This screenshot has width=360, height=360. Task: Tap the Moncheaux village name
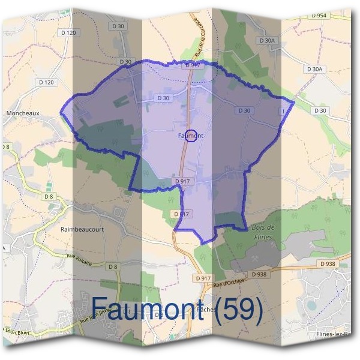(x=23, y=112)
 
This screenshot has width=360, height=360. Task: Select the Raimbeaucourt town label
(x=82, y=229)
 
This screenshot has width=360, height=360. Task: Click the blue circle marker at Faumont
(x=191, y=136)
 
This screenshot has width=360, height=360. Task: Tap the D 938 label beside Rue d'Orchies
(x=259, y=274)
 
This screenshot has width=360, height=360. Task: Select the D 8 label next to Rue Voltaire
(x=112, y=266)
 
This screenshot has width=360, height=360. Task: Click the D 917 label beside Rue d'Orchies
(x=203, y=278)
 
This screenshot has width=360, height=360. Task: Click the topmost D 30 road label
(x=118, y=26)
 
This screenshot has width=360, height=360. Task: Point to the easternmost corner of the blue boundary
(x=293, y=101)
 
